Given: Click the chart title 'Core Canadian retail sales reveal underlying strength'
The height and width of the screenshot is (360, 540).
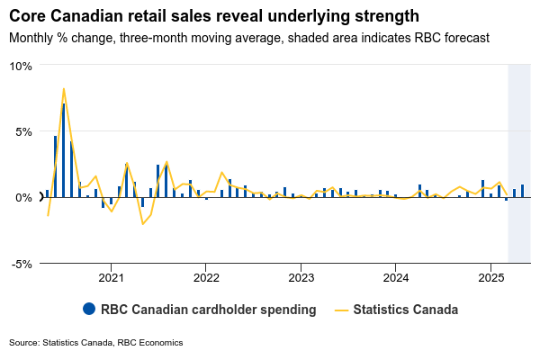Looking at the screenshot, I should [214, 16].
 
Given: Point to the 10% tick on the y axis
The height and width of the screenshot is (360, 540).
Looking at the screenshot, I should [21, 66].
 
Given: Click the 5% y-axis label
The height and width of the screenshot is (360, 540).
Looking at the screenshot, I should [23, 131].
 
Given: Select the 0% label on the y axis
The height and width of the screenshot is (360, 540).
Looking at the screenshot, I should [23, 197].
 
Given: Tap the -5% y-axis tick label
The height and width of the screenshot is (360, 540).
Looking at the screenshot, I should [22, 264].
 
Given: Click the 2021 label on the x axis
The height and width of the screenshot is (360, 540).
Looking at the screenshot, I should [111, 278].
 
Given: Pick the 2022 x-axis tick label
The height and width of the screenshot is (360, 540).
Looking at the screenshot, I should [206, 278].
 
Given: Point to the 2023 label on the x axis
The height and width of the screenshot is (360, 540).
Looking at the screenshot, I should [301, 278].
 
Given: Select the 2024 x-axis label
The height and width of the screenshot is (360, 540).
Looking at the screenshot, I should [396, 278].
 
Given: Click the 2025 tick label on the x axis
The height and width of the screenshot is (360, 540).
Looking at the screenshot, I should [490, 278].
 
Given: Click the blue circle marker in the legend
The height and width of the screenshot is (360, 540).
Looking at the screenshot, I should [88, 309].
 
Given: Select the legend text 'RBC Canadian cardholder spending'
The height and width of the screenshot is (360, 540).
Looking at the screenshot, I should [209, 310].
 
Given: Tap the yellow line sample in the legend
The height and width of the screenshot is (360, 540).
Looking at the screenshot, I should [340, 310].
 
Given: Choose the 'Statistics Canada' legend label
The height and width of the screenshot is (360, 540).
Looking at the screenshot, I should [406, 310].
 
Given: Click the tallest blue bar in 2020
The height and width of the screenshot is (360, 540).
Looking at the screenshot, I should [63, 149].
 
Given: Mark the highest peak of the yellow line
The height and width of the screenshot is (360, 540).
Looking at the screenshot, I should [63, 88].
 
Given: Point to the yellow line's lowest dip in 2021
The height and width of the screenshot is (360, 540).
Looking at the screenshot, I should [142, 223].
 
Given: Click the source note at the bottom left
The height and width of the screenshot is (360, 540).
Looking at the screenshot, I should [96, 343].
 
